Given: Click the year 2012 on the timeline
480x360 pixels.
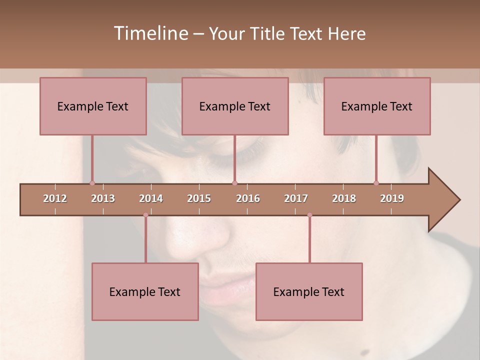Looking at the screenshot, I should click(x=55, y=198).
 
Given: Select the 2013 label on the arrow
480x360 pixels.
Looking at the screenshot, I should click(x=103, y=198).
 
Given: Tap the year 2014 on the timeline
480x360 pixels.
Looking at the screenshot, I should click(x=151, y=198).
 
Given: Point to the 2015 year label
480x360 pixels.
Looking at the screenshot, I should click(x=199, y=198).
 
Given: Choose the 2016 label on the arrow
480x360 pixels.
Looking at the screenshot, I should click(x=248, y=198).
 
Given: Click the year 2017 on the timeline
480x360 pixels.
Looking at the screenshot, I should click(x=296, y=198).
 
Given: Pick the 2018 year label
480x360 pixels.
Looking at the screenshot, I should click(x=344, y=198).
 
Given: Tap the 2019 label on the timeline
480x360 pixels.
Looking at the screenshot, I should click(x=392, y=198).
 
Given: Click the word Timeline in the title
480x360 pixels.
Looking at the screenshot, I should click(x=150, y=33).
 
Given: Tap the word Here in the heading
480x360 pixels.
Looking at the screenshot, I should click(x=346, y=33).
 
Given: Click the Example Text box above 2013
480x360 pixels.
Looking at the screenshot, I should click(x=93, y=106).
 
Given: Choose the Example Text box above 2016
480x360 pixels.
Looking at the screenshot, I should click(x=235, y=106).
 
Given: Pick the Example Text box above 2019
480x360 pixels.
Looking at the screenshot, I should click(x=377, y=106).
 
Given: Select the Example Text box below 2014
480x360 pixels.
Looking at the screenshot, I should click(x=145, y=291).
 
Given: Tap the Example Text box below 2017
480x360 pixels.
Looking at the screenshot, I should click(x=309, y=291).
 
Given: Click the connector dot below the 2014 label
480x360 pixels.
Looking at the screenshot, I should click(x=145, y=215).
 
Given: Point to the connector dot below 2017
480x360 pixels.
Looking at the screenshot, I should click(x=309, y=215).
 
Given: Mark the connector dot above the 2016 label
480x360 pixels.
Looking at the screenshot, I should click(x=234, y=183).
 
